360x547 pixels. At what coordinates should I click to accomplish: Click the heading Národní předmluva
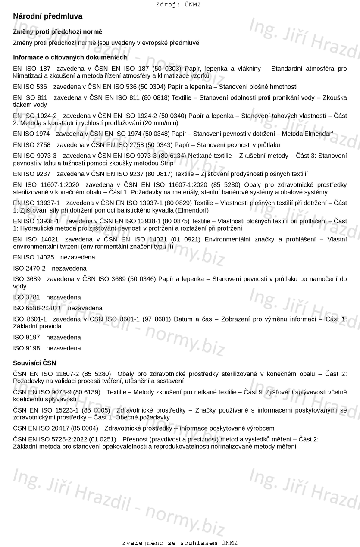point(47,16)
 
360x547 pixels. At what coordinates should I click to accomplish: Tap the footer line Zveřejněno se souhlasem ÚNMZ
point(180,543)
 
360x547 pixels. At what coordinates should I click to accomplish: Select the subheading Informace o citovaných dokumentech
point(70,57)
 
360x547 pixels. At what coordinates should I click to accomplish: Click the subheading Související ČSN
point(34,363)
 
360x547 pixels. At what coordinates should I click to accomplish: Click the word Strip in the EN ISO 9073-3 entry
point(166,163)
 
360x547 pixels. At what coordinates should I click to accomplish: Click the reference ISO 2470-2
point(29,268)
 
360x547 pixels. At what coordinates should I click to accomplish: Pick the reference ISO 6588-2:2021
point(38,308)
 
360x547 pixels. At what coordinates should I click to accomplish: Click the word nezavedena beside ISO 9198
point(63,348)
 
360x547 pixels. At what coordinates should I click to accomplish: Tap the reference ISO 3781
point(26,297)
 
